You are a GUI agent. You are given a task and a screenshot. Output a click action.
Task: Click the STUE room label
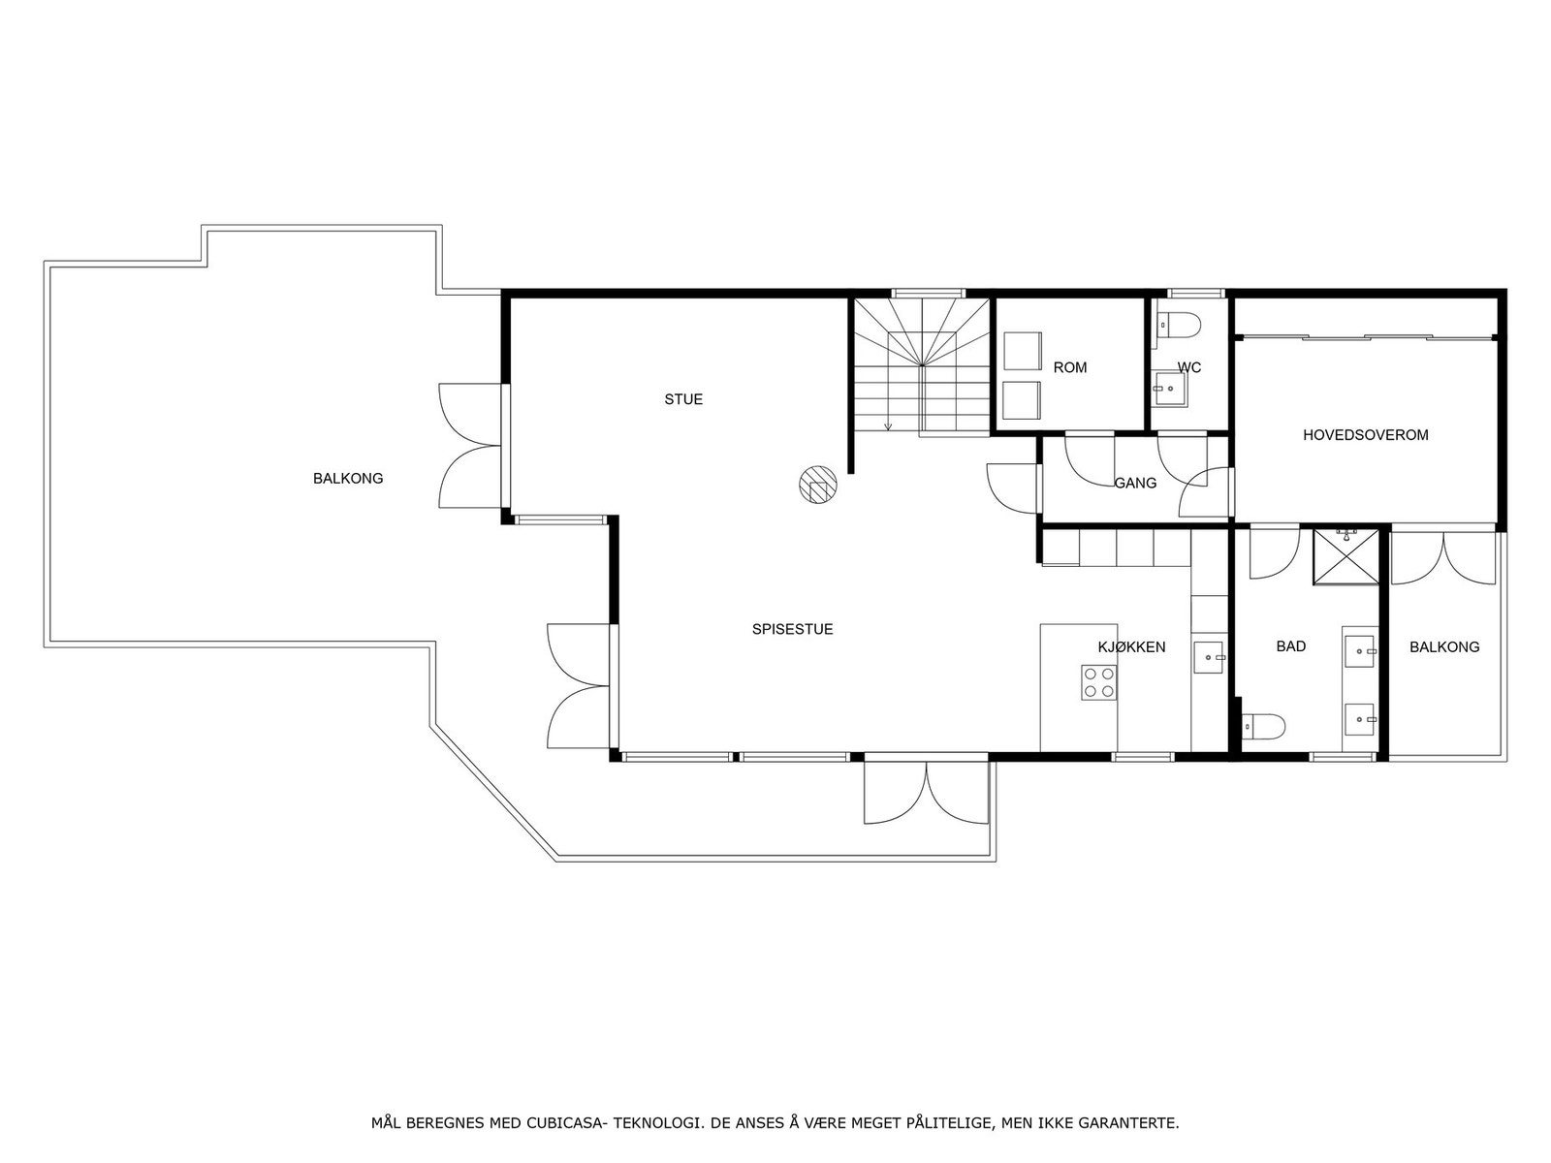(683, 399)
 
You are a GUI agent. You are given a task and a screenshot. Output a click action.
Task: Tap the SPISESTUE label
(792, 629)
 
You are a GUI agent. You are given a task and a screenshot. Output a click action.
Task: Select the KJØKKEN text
(1131, 646)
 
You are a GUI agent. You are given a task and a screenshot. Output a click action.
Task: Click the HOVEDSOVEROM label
(1365, 435)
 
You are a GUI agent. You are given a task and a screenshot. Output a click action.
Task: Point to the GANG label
(1135, 483)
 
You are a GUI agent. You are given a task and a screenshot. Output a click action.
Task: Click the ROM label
(1070, 367)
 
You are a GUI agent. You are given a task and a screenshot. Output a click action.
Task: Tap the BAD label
(1290, 646)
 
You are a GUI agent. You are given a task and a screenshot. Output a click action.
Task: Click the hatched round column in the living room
(817, 484)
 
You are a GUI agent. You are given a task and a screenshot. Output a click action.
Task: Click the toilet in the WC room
(1182, 324)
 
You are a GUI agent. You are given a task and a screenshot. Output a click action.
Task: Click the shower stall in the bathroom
(1345, 556)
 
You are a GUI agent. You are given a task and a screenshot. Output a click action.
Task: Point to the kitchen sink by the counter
(1209, 657)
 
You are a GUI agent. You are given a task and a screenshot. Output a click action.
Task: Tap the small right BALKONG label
(1444, 646)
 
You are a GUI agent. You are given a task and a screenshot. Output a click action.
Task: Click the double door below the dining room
(927, 792)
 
